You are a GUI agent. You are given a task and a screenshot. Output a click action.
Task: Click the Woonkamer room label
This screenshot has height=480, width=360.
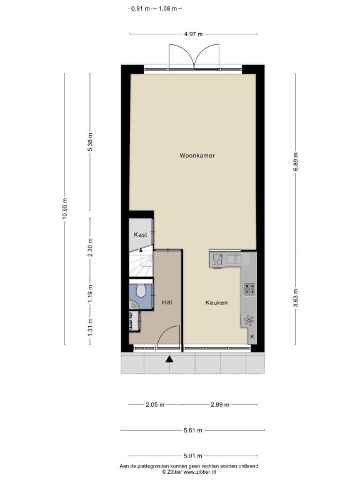pos(197,156)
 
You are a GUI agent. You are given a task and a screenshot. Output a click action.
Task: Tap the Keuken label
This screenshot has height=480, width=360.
pos(216,302)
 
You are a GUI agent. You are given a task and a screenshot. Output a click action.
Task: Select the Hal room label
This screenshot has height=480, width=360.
pos(167,302)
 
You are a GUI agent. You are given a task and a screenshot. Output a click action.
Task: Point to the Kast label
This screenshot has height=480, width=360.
pos(141,235)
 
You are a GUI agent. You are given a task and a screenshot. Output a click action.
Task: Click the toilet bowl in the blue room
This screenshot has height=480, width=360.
pos(141,290)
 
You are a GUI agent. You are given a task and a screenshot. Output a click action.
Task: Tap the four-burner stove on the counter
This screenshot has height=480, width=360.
pos(250,289)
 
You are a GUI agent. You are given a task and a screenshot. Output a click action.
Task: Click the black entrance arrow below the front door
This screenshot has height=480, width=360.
pos(169,359)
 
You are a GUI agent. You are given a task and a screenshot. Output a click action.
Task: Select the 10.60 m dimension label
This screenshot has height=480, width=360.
pos(64,209)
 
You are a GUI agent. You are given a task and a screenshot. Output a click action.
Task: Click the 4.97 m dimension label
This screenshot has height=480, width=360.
pos(193,34)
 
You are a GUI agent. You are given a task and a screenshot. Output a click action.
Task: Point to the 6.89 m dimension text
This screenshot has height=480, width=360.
pos(296,162)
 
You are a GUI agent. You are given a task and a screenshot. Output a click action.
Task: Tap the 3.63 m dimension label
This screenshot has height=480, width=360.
pos(296,297)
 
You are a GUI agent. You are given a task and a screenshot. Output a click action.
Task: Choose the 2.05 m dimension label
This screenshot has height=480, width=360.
pos(155,405)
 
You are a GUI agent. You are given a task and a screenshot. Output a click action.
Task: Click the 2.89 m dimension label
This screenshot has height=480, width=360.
pos(220,405)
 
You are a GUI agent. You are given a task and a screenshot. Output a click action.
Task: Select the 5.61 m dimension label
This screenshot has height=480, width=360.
pos(193,431)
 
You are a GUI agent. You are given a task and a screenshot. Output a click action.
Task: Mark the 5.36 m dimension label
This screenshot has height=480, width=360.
pos(90,142)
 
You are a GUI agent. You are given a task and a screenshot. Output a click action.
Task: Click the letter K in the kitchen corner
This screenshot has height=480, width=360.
pos(252,336)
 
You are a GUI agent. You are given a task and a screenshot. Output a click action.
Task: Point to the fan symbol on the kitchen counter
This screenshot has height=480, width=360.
pos(249,320)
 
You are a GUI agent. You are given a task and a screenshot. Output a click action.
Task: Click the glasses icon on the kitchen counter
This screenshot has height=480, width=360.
pos(217,259)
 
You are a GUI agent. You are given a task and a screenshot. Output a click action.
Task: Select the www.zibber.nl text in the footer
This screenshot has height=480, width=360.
pos(199,472)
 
